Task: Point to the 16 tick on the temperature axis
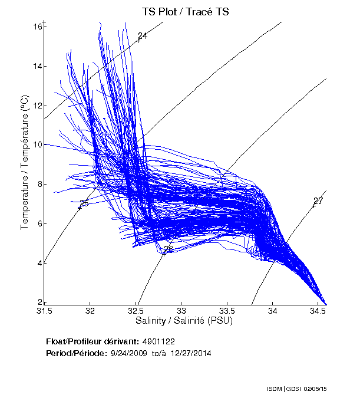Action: coord(37,27)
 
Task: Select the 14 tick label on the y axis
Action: coord(37,66)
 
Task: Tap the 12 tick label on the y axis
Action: coord(37,106)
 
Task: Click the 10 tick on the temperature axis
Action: coord(37,145)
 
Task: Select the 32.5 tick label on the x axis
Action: coord(136,310)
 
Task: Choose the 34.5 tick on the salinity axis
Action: coord(318,310)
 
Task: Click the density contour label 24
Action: coord(142,37)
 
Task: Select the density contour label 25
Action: coord(84,203)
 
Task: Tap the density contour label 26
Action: coord(169,249)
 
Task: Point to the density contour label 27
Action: coord(318,201)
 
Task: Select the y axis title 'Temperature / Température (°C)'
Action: coord(25,164)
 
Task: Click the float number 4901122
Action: coord(158,341)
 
